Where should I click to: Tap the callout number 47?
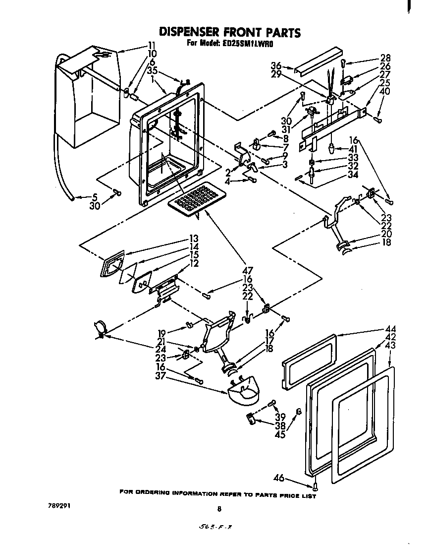tap(247, 271)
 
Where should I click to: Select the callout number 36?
tap(276, 65)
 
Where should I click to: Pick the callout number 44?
tap(391, 329)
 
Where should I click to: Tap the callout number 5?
tap(95, 197)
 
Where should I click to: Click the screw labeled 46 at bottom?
tap(315, 486)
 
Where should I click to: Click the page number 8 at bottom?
tap(218, 508)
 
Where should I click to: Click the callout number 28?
tap(385, 58)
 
